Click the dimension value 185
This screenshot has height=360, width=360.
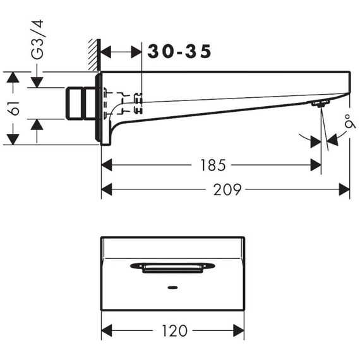click(213, 165)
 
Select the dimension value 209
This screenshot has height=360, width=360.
click(227, 189)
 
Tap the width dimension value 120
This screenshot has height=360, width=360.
click(175, 330)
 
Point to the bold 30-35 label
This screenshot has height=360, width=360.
click(179, 51)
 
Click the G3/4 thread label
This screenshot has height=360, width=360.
click(37, 40)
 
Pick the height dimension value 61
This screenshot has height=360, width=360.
click(13, 108)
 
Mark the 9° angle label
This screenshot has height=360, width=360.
click(350, 121)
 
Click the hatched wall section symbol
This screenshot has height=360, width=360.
click(94, 55)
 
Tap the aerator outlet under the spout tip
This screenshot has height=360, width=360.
click(320, 104)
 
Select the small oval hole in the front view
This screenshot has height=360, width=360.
click(172, 287)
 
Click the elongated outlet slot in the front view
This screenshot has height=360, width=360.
click(172, 267)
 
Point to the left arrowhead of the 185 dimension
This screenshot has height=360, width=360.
click(107, 165)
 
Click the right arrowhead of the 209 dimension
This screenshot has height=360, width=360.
click(344, 189)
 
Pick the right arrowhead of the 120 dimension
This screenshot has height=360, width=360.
click(239, 330)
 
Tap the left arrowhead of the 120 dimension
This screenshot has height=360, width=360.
click(107, 330)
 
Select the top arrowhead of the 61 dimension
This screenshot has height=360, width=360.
click(13, 78)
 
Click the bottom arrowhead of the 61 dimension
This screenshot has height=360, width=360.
click(13, 139)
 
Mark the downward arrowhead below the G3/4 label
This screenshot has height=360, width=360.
click(37, 83)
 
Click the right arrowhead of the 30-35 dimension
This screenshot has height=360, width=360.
click(136, 52)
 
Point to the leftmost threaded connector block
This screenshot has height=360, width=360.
click(74, 104)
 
